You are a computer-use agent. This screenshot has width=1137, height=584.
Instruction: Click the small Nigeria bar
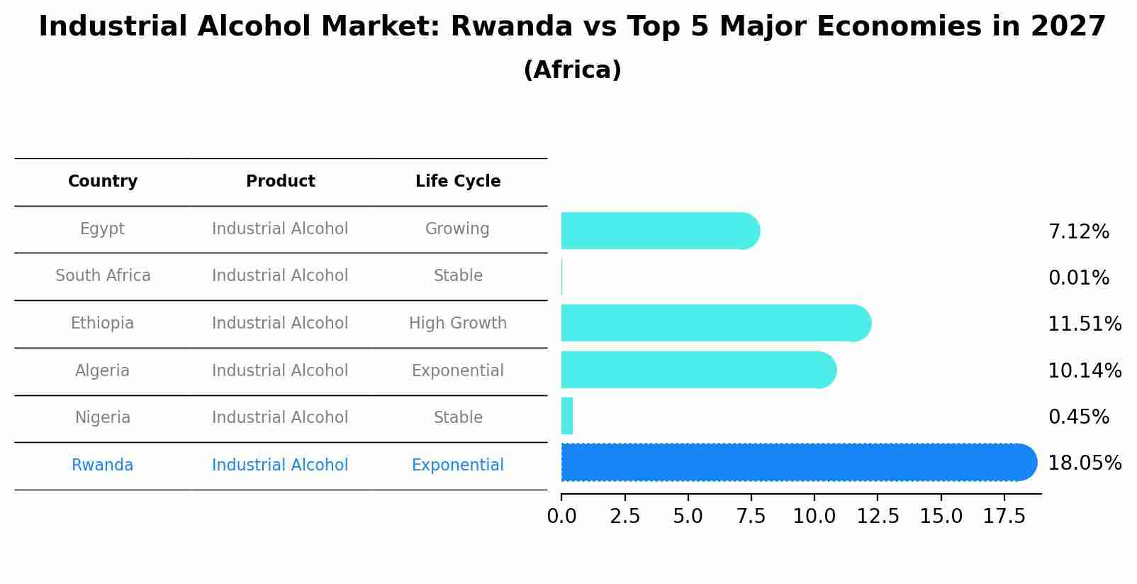[566, 416]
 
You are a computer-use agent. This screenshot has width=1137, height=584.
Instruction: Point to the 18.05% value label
[1084, 463]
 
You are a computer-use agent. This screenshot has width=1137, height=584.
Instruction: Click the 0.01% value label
[1078, 278]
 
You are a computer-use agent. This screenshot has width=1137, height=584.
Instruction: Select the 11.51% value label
[1084, 324]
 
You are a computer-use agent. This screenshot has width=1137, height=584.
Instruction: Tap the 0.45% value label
[1078, 417]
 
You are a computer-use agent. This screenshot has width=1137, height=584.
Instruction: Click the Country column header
[103, 182]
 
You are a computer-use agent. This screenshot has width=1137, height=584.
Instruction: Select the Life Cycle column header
[458, 182]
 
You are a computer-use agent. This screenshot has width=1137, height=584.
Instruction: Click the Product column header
[280, 182]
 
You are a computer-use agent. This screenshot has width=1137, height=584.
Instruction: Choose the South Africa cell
[103, 276]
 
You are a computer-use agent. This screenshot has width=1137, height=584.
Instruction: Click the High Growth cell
[458, 324]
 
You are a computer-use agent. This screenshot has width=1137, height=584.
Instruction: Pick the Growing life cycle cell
[457, 229]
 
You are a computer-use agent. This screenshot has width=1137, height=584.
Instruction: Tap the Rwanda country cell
[103, 465]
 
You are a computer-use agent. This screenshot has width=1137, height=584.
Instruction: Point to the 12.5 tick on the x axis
[878, 517]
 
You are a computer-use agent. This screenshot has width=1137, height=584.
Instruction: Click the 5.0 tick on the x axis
[688, 517]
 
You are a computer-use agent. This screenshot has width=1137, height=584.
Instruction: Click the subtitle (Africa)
[572, 70]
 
